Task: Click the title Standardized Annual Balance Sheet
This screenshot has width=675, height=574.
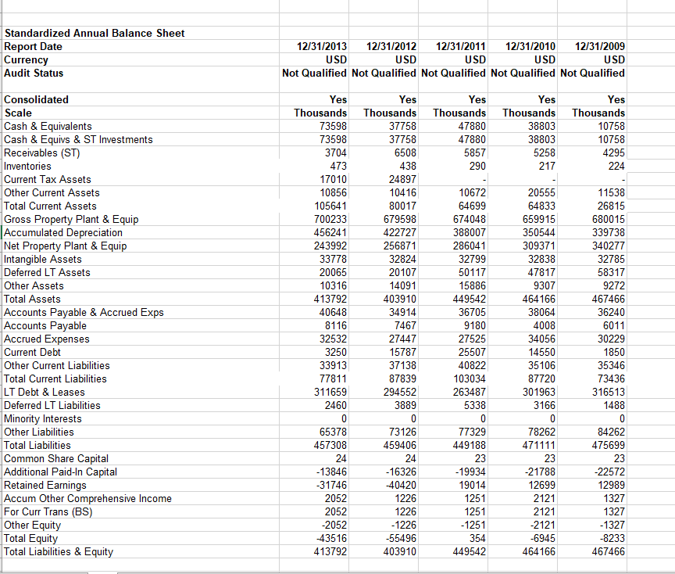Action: (x=95, y=33)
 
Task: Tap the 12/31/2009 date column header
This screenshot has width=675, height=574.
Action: (x=599, y=47)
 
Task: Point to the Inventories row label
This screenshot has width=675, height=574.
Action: (x=28, y=166)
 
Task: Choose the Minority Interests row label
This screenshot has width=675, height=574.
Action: (x=43, y=418)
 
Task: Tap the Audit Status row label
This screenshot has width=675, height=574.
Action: (x=34, y=73)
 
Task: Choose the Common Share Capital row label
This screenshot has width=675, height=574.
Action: (x=56, y=458)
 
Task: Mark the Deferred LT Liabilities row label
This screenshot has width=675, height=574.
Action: (x=52, y=405)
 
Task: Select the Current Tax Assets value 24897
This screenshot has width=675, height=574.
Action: (x=402, y=179)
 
